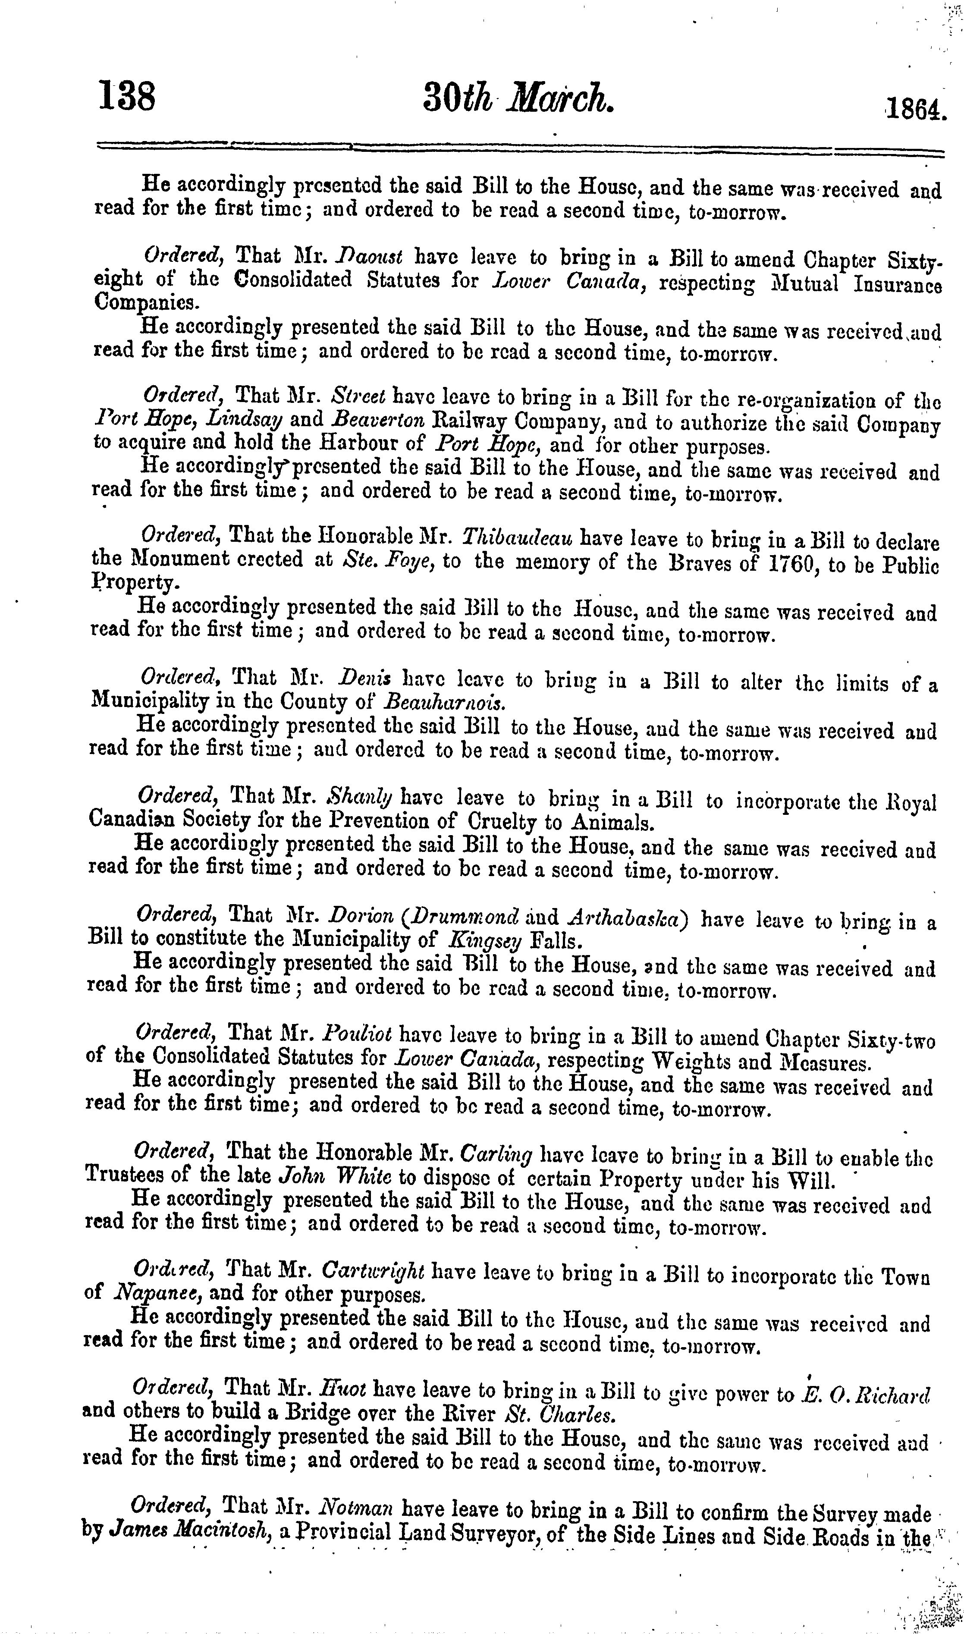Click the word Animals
click(x=611, y=823)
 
